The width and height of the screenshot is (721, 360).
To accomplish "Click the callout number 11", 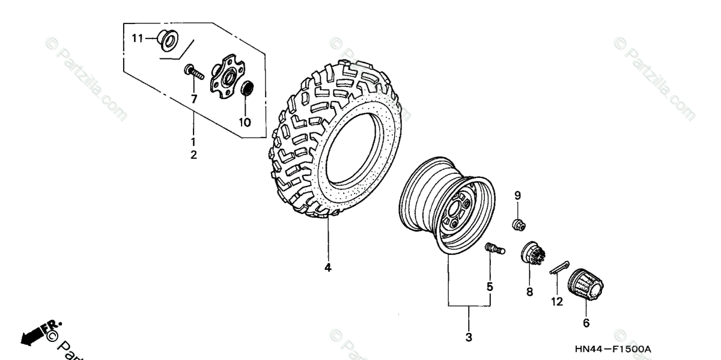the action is pyautogui.click(x=136, y=38).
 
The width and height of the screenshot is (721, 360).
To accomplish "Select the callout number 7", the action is pyautogui.click(x=194, y=99).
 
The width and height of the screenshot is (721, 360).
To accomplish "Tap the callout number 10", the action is pyautogui.click(x=245, y=122).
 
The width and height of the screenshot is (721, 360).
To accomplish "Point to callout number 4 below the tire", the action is pyautogui.click(x=328, y=268).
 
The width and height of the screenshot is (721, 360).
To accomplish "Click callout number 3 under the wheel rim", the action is pyautogui.click(x=469, y=337).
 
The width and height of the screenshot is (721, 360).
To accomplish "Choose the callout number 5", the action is pyautogui.click(x=490, y=287).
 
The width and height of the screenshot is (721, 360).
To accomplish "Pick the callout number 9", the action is pyautogui.click(x=517, y=195).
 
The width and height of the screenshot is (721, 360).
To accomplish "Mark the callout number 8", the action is pyautogui.click(x=529, y=292).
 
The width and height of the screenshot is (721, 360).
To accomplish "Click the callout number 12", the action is pyautogui.click(x=557, y=302).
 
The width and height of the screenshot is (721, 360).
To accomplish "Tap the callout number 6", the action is pyautogui.click(x=586, y=323).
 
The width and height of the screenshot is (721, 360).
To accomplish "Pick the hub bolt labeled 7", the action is pyautogui.click(x=194, y=74).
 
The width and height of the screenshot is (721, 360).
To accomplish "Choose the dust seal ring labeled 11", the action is pyautogui.click(x=166, y=40).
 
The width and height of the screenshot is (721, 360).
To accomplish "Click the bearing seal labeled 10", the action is pyautogui.click(x=247, y=89).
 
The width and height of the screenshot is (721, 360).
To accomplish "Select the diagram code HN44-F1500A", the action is pyautogui.click(x=613, y=349).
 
